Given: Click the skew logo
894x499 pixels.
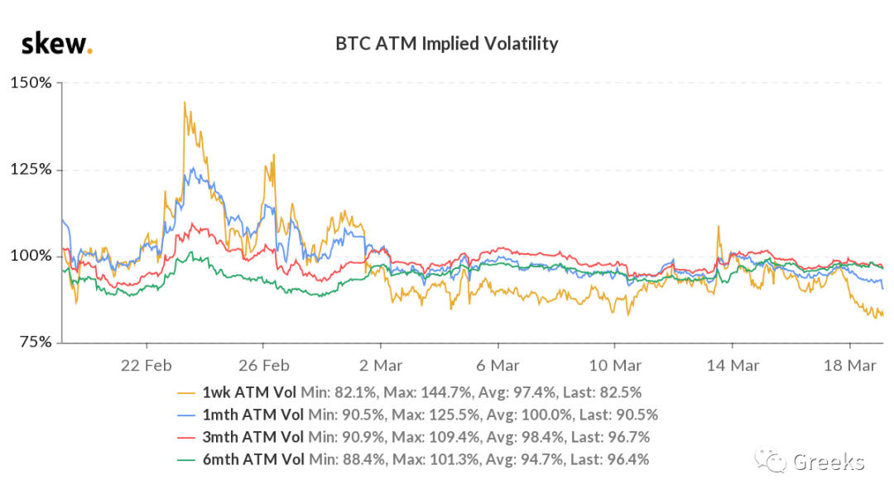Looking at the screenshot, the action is tap(56, 44).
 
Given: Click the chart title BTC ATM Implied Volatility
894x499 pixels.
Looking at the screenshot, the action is tap(446, 44).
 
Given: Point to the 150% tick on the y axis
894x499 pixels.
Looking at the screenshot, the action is tap(31, 83).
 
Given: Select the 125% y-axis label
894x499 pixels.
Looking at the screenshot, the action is tap(31, 170).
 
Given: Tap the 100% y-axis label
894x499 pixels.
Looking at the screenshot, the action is tap(31, 256).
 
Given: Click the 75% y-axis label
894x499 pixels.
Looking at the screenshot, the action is tap(36, 342).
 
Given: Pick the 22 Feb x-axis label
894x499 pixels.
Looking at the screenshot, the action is tap(146, 366).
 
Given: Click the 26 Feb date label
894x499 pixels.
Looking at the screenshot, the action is tap(263, 366).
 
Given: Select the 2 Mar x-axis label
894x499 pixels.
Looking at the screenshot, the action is tap(381, 366).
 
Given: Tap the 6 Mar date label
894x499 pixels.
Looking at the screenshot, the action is tap(497, 366).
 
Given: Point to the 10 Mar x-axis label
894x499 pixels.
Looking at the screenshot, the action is tap(614, 366).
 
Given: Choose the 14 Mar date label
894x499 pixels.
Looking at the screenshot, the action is tap(733, 366).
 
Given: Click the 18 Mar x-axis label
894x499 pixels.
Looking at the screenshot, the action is tap(849, 366).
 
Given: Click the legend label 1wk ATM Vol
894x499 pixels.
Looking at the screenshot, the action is tap(249, 392).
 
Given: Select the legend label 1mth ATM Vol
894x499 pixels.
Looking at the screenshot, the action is tap(253, 415).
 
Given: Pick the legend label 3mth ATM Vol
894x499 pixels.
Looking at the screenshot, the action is tap(253, 437).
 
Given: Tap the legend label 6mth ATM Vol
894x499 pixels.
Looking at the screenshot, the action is tap(253, 459).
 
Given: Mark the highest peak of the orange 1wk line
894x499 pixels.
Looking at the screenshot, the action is tap(184, 102).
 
